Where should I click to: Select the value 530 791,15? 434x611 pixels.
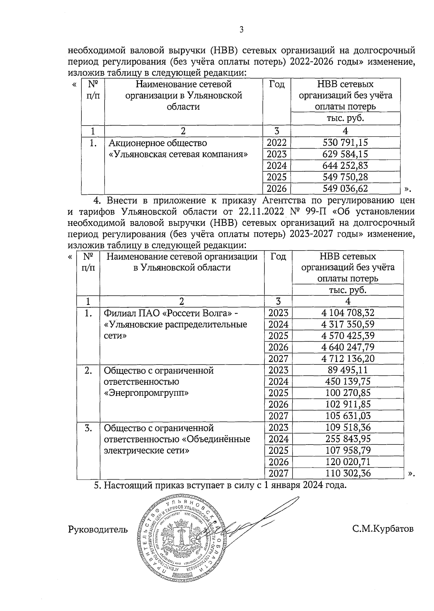click(x=345, y=143)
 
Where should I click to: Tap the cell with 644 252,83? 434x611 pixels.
click(x=345, y=165)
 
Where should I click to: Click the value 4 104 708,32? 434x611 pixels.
click(x=348, y=313)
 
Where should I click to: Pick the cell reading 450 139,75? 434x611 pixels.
click(x=348, y=382)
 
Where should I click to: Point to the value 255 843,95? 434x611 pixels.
click(x=348, y=439)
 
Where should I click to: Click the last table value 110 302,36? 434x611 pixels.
click(x=348, y=473)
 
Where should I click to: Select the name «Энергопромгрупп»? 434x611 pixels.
click(x=146, y=393)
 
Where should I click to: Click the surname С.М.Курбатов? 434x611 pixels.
click(x=383, y=529)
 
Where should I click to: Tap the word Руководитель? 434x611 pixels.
click(x=98, y=530)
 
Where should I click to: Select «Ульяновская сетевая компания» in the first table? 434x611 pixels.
click(x=178, y=154)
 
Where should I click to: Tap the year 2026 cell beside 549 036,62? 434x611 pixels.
click(x=277, y=189)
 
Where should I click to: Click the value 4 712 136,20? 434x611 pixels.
click(x=348, y=359)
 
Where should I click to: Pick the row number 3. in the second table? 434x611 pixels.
click(x=88, y=428)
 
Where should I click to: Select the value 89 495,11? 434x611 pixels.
click(x=348, y=370)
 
